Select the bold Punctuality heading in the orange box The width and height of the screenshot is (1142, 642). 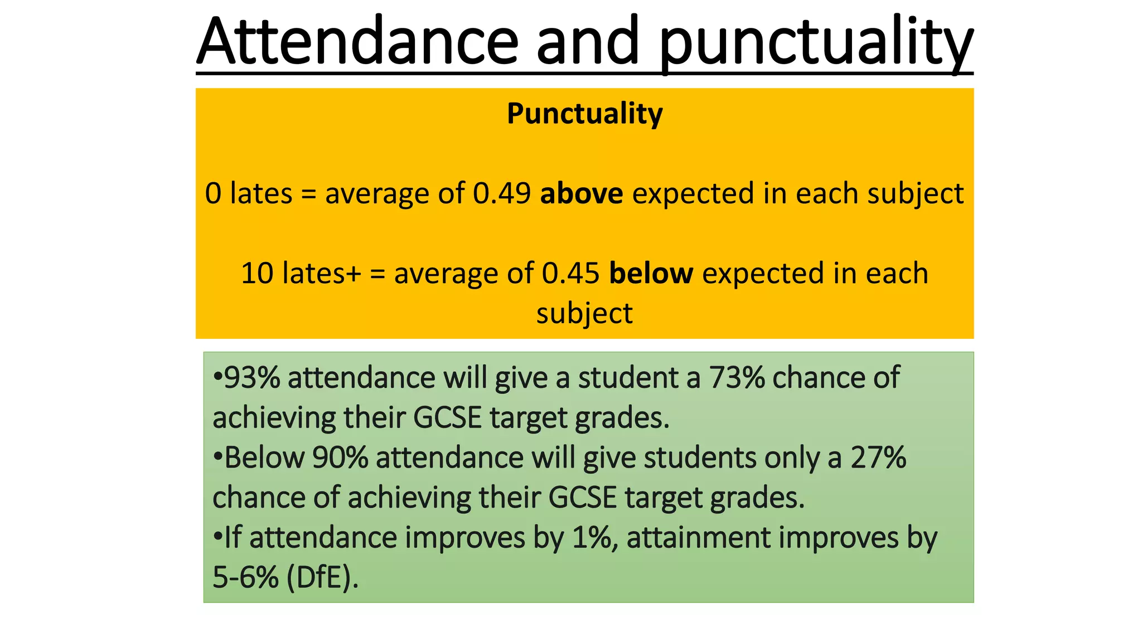tap(584, 114)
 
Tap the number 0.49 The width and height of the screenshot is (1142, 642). tap(501, 193)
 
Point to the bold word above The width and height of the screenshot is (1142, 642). tap(581, 193)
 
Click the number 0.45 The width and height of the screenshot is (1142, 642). tap(570, 274)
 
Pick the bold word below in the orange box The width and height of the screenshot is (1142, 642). tap(651, 274)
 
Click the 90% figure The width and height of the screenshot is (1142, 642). tap(340, 458)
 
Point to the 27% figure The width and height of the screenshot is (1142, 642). tap(878, 458)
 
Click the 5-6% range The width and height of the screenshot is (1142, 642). tap(245, 577)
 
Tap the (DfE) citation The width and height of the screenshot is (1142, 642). tap(322, 577)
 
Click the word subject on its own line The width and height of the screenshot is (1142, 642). tap(584, 313)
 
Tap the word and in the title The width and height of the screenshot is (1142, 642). tap(588, 42)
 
